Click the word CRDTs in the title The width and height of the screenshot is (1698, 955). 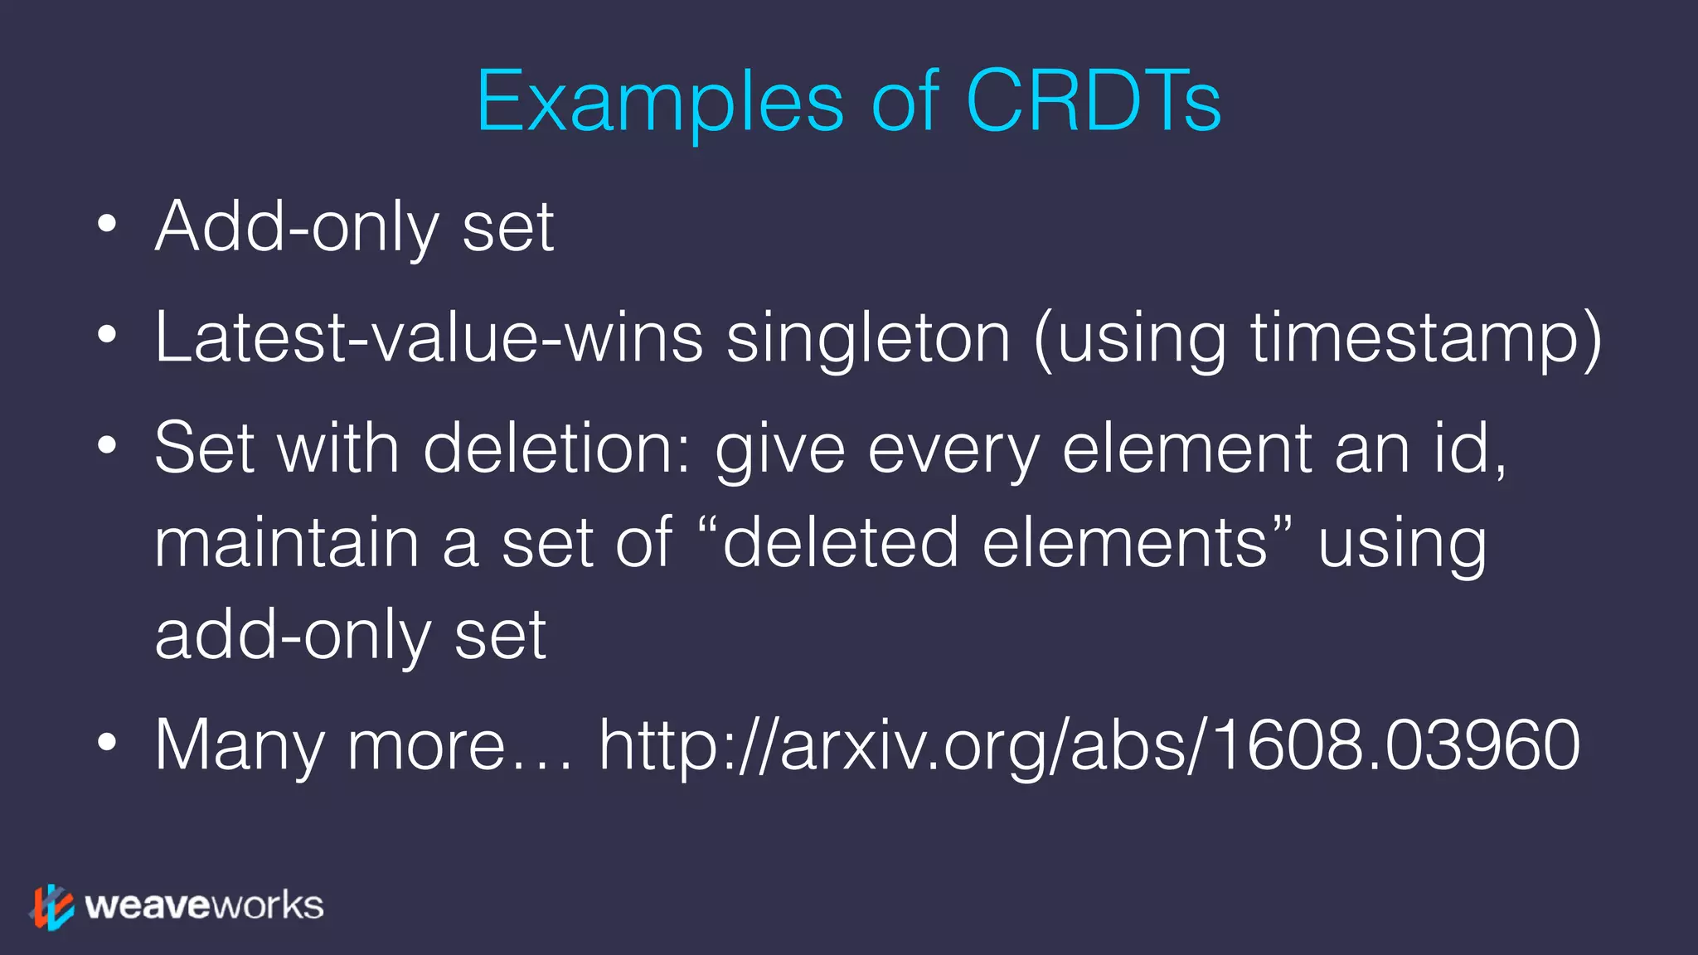click(1093, 101)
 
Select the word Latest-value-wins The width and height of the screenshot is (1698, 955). click(429, 337)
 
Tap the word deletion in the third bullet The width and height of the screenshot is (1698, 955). click(555, 448)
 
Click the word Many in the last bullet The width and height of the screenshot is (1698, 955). click(240, 745)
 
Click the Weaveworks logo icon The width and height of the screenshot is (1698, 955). click(52, 906)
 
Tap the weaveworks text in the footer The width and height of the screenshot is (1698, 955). click(203, 905)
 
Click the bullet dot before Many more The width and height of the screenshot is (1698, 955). click(106, 743)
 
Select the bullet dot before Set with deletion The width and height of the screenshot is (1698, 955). click(106, 446)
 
